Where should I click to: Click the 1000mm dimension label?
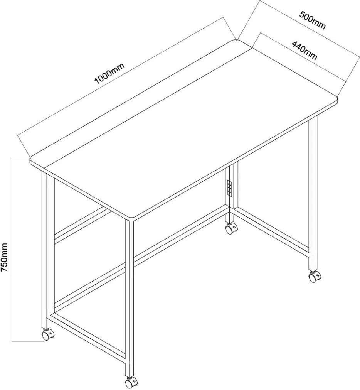pyautogui.click(x=109, y=73)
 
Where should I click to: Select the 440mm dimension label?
pyautogui.click(x=304, y=51)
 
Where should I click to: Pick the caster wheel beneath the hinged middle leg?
pyautogui.click(x=231, y=228)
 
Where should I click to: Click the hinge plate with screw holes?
pyautogui.click(x=230, y=189)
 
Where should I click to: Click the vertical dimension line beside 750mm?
pyautogui.click(x=12, y=251)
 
